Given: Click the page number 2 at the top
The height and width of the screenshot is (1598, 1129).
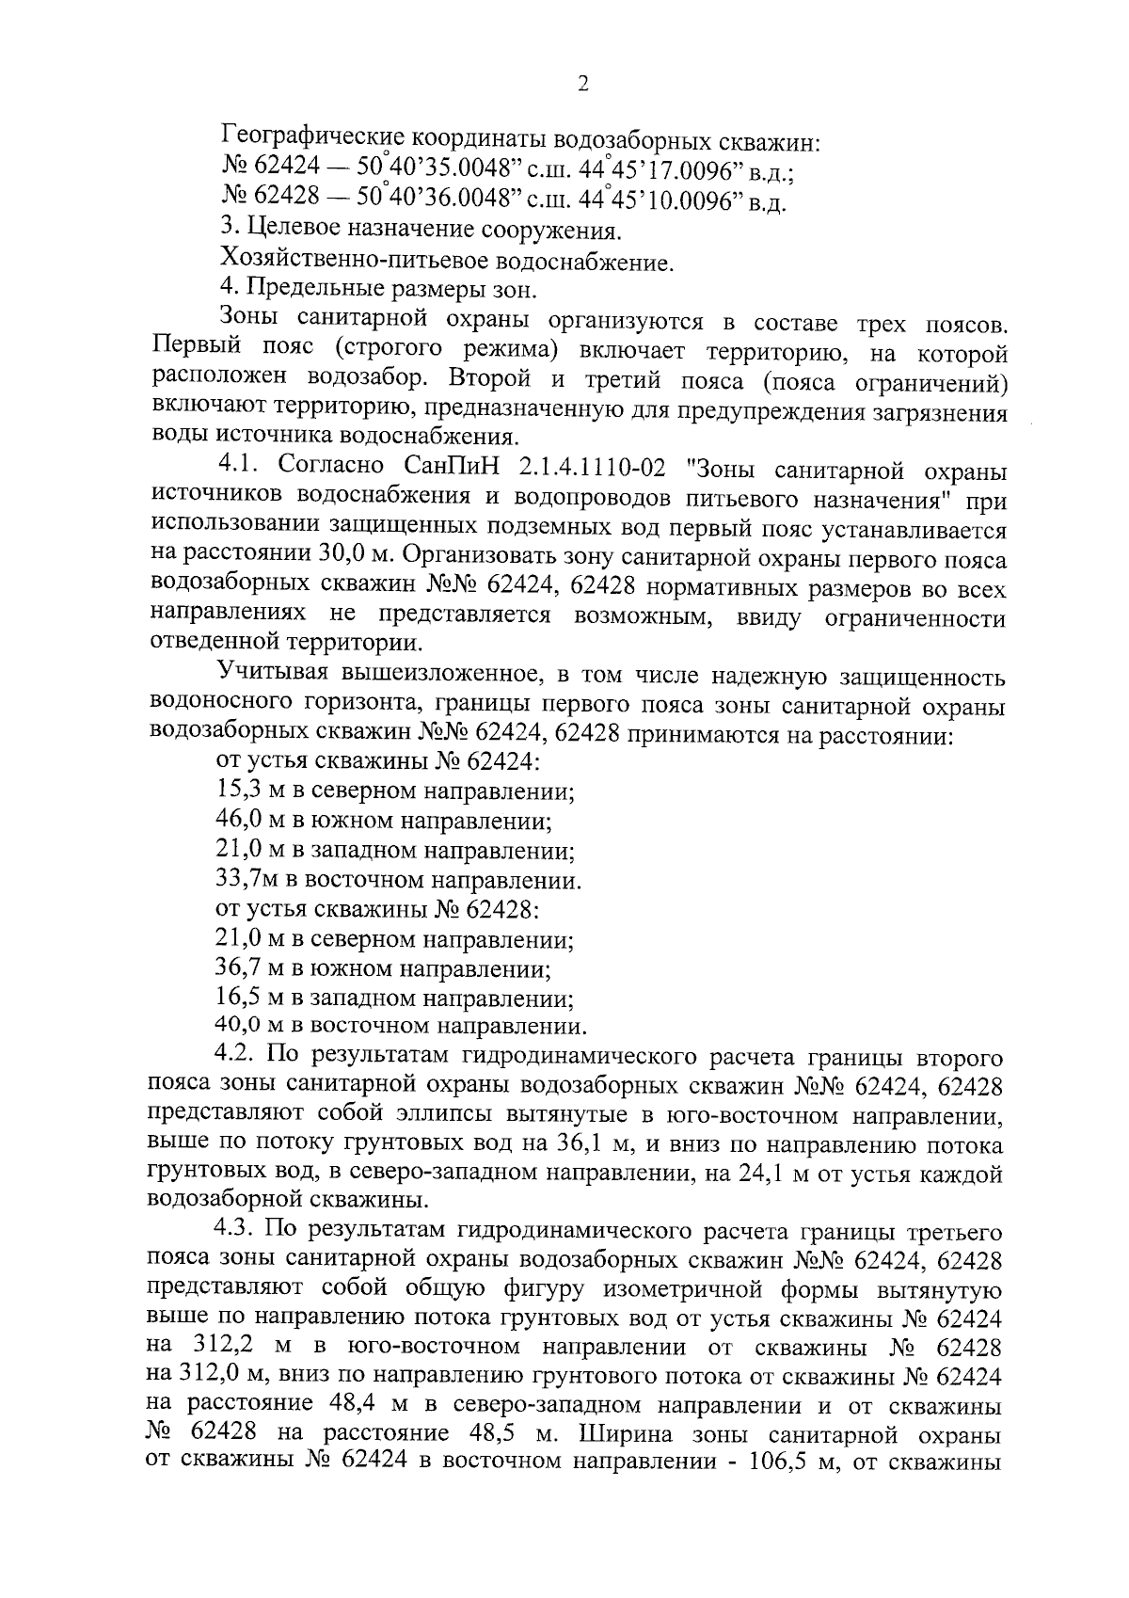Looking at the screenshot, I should point(582,85).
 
